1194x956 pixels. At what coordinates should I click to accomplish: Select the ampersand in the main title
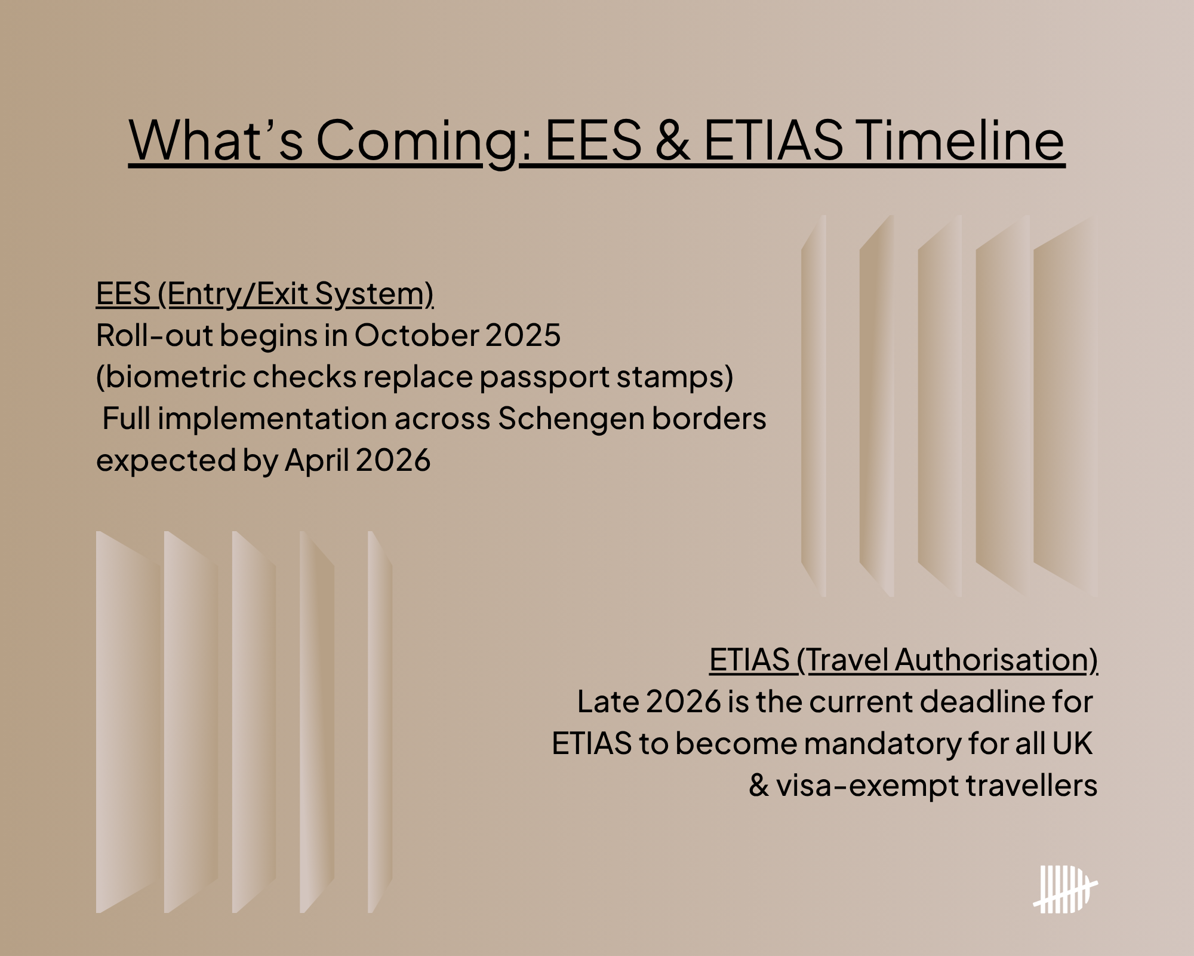673,140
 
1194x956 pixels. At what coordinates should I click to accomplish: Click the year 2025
523,335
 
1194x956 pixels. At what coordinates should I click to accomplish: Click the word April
316,461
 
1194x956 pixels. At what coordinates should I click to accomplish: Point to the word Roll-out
155,335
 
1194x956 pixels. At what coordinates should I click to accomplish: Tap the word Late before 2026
608,701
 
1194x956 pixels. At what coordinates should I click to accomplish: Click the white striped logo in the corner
1066,889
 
